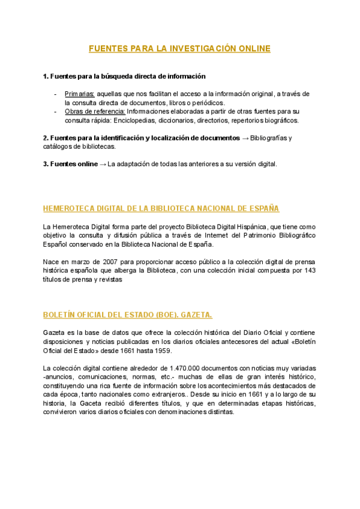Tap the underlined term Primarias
(x=79, y=94)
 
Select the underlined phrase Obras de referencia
(x=94, y=112)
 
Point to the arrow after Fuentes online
(x=102, y=164)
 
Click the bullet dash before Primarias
(x=55, y=94)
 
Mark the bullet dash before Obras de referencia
(x=55, y=112)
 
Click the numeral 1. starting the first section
(x=46, y=76)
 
